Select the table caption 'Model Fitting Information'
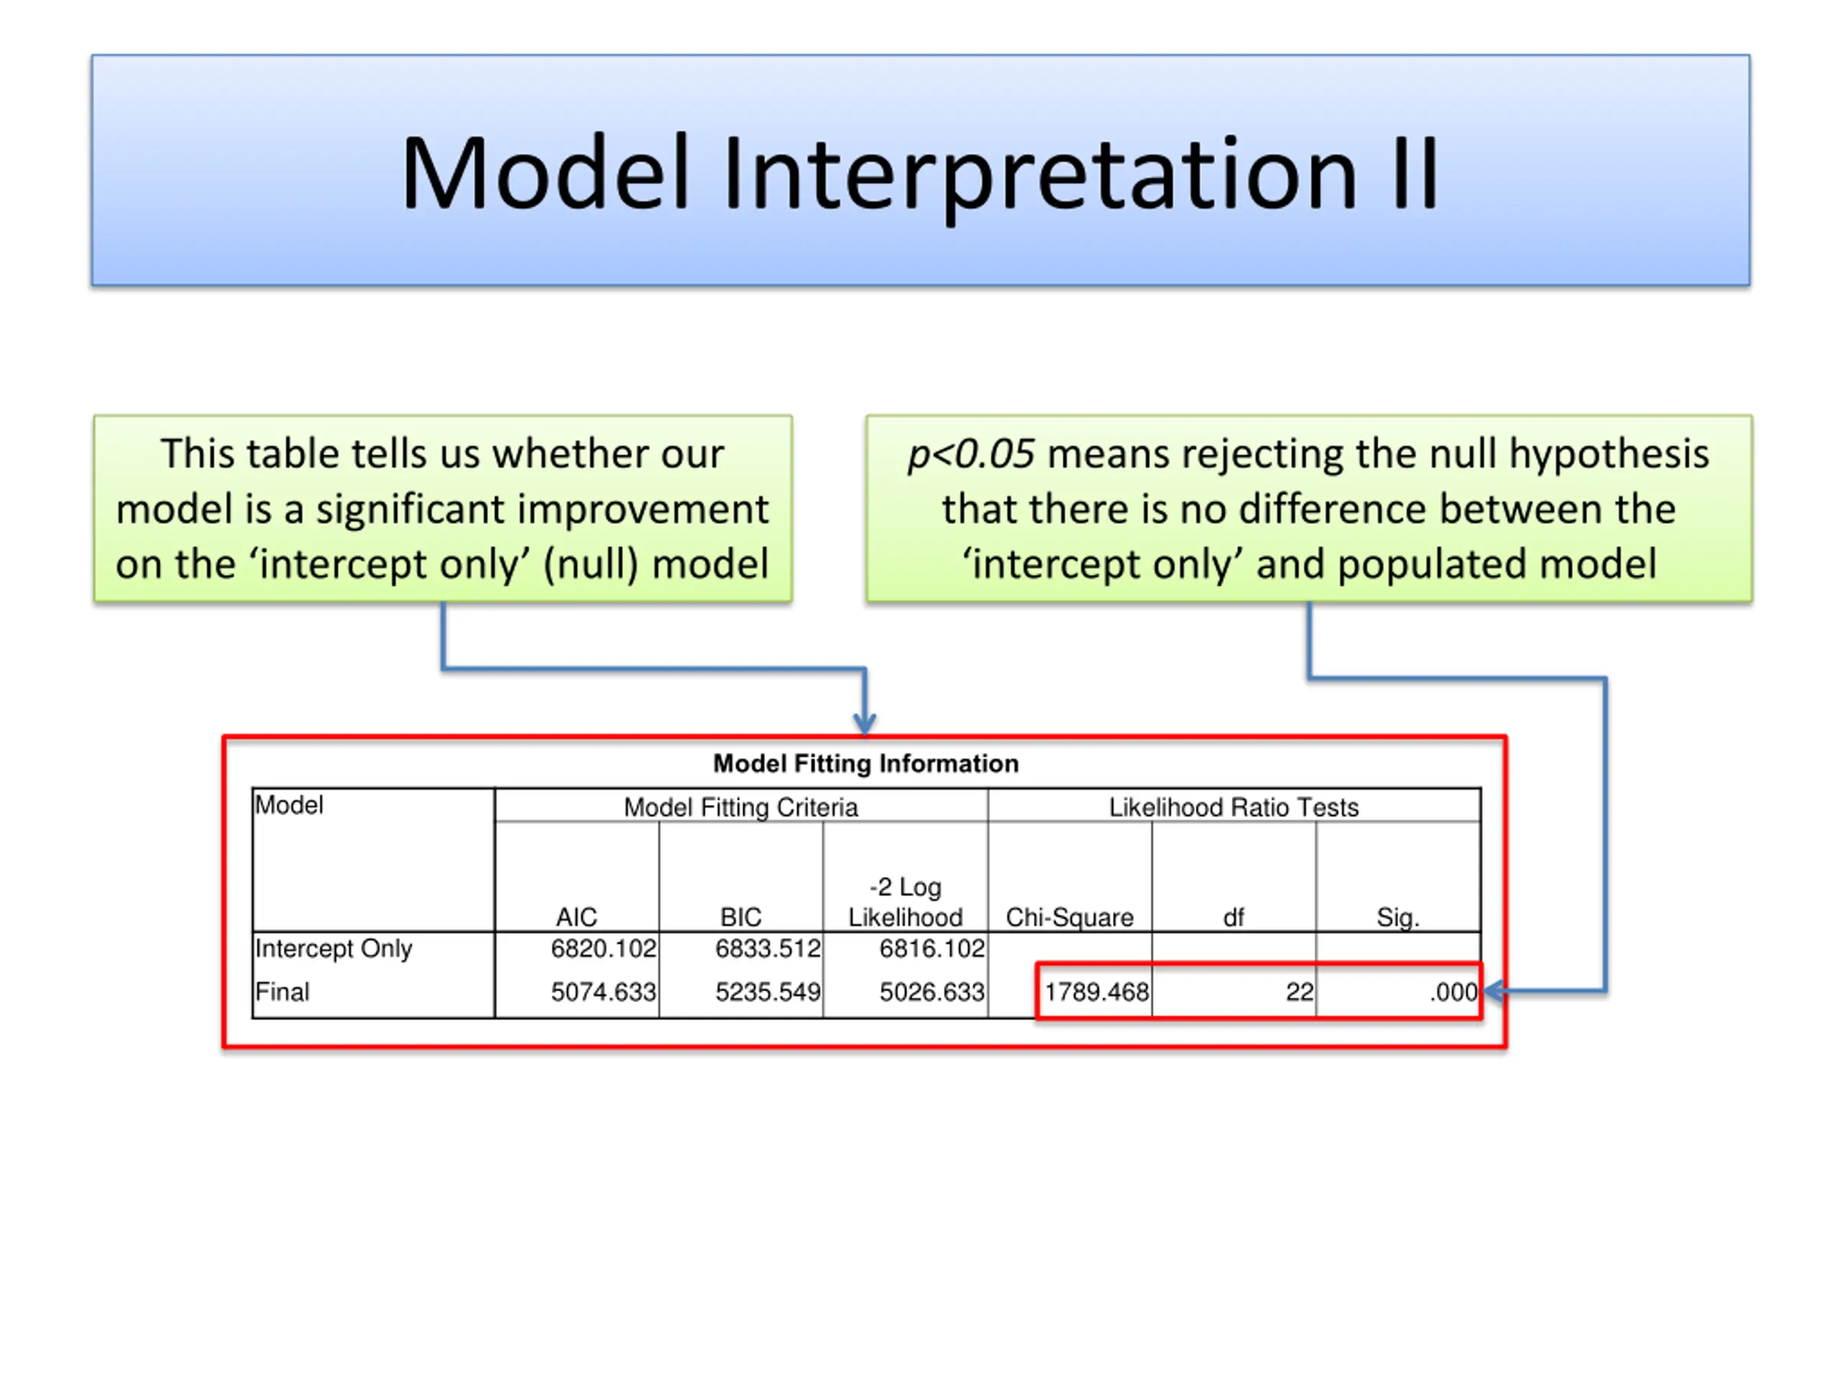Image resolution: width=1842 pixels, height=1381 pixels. [866, 763]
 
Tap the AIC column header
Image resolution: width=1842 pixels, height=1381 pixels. [576, 917]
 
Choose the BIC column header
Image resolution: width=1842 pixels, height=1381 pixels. [740, 917]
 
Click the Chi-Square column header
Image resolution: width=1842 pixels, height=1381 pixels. [1070, 917]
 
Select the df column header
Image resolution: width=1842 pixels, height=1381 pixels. [1233, 917]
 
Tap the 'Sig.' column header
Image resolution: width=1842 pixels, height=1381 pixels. [1398, 917]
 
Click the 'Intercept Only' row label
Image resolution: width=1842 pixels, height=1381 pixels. [333, 949]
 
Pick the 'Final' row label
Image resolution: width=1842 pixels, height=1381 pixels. [282, 991]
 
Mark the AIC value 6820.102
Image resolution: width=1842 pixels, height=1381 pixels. [604, 948]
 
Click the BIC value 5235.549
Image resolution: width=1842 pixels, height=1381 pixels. [768, 991]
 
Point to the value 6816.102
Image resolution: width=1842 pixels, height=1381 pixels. [932, 948]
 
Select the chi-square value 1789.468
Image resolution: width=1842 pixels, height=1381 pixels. [1097, 991]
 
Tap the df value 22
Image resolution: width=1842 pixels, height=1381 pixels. [1299, 991]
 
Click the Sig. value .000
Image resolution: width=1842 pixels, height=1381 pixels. [1454, 991]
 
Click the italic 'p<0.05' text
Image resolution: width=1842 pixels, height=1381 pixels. [971, 455]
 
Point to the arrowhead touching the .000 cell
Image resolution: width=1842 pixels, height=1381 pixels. [1494, 990]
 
